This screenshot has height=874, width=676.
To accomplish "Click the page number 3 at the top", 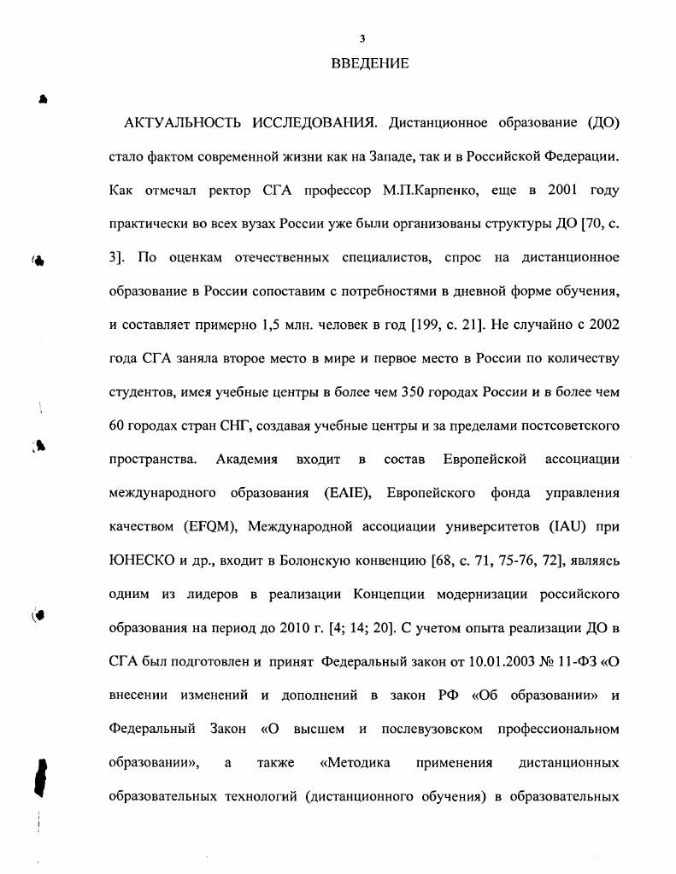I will (362, 38).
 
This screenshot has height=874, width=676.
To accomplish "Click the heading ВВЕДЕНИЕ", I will (370, 63).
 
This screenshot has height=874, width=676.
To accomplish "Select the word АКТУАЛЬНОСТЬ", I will (181, 122).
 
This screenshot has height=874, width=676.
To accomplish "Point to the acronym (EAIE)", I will (348, 493).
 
